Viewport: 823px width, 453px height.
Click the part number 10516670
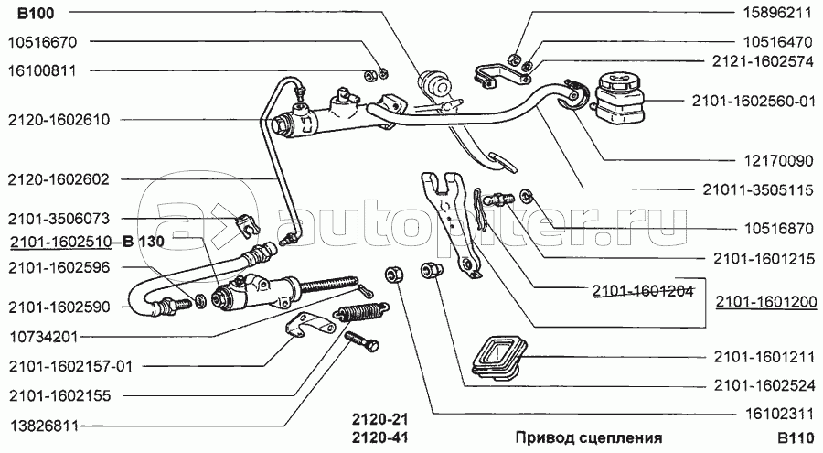42,42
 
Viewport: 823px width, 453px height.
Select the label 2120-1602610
59,120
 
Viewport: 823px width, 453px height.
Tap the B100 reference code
36,13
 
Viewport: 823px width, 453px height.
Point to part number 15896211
776,13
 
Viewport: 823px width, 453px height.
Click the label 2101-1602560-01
754,101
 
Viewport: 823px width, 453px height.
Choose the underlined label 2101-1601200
766,302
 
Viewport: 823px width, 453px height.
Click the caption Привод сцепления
588,437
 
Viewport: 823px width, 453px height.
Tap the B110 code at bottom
796,437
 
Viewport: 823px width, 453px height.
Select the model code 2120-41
379,437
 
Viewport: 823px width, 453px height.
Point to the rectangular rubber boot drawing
497,357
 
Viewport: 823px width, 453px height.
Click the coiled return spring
361,314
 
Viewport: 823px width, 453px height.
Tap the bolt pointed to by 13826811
362,341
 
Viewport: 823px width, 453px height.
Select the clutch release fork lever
450,221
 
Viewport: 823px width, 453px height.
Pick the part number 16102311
779,415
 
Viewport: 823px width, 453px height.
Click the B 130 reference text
144,242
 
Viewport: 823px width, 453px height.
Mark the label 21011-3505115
758,189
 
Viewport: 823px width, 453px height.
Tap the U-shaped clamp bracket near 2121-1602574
503,73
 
